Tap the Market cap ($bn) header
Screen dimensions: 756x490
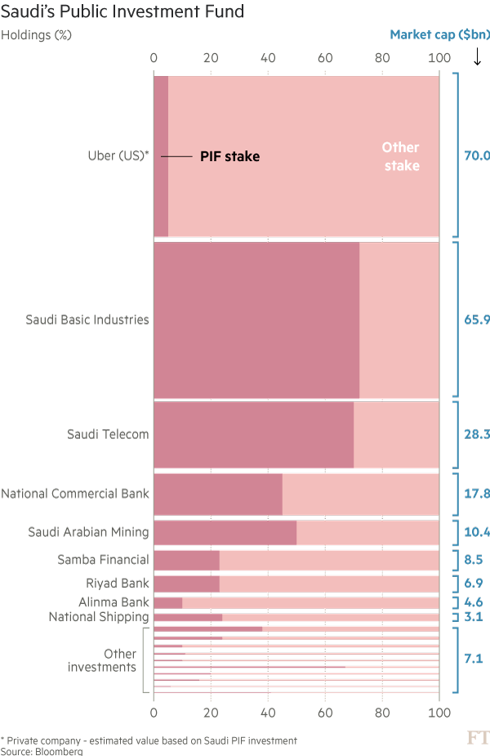tap(439, 35)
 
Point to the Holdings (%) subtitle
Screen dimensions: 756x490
tap(37, 36)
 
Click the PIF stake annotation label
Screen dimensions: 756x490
tap(229, 156)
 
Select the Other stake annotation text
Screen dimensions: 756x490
tap(400, 156)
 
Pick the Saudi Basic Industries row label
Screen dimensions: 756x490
tap(87, 320)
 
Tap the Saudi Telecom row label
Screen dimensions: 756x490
tap(108, 434)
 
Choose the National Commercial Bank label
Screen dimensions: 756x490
tap(75, 493)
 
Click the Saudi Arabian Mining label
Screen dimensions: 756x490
tap(88, 532)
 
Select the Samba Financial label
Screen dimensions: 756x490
tap(103, 560)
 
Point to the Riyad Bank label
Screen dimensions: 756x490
tap(118, 583)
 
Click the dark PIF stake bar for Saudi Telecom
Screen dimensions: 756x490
tap(253, 434)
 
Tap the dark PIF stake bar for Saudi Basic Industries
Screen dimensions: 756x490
tap(256, 320)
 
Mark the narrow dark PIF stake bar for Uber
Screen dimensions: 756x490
tap(161, 156)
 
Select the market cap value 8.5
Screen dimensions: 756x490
tap(474, 560)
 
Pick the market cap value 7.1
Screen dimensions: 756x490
tap(474, 657)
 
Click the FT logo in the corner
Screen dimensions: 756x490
tap(478, 739)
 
